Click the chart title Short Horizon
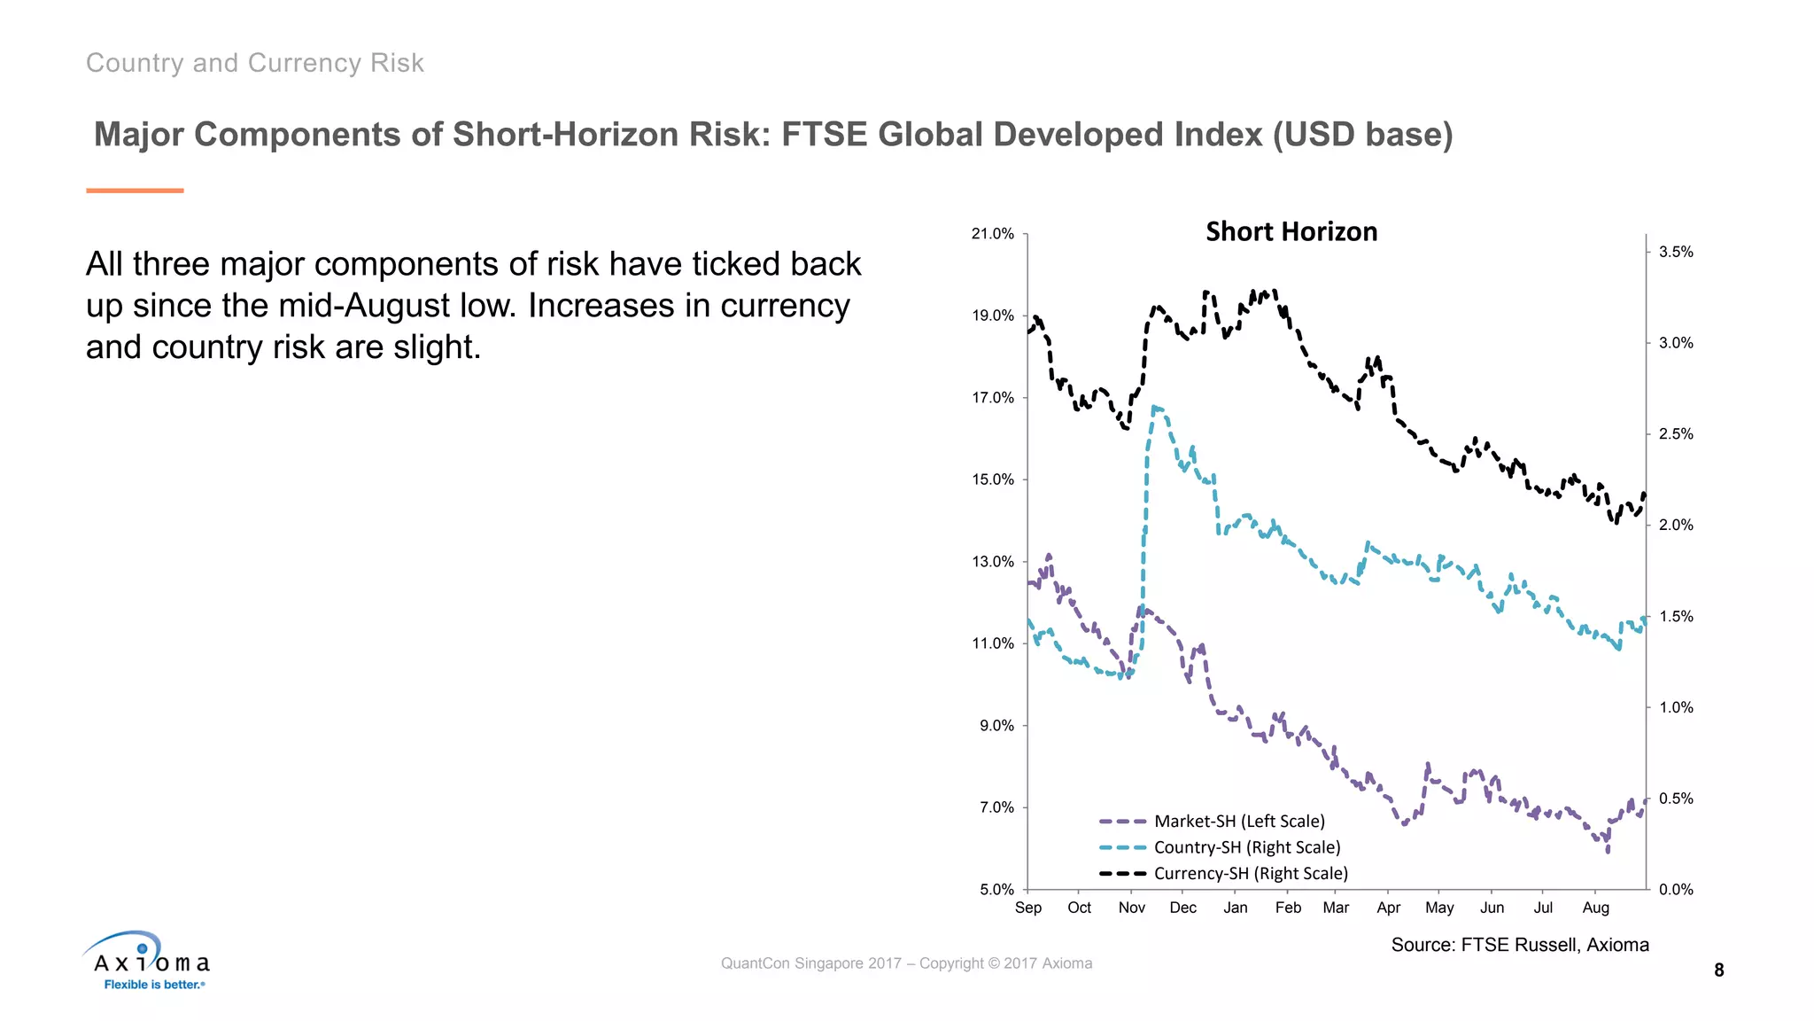[1291, 232]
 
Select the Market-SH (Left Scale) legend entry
[1238, 822]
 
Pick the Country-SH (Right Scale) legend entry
[1246, 847]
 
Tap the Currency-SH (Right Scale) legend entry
[1250, 873]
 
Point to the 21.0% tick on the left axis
[992, 234]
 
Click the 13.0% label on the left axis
[992, 562]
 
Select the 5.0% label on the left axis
[996, 890]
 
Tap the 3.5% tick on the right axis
[1675, 253]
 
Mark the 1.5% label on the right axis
[1675, 617]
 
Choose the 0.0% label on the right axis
[1675, 890]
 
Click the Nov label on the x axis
[1131, 908]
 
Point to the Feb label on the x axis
[1288, 908]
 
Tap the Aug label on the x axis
[1595, 908]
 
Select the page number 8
[1718, 970]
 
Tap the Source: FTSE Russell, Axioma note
[1519, 945]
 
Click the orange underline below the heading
[135, 191]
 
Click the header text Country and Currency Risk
[255, 63]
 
